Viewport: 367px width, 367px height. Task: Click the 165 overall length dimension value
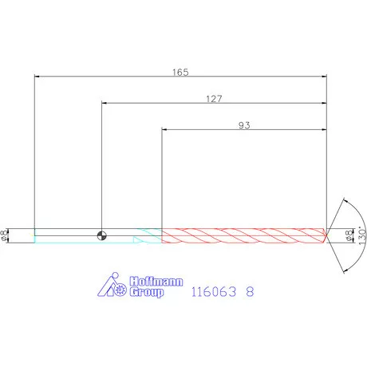pyautogui.click(x=180, y=72)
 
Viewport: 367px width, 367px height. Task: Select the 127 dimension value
pyautogui.click(x=214, y=99)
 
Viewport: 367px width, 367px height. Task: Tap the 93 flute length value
pyautogui.click(x=244, y=125)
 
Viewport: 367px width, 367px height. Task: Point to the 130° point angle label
pyautogui.click(x=362, y=235)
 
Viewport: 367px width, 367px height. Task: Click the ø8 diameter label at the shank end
pyautogui.click(x=4, y=235)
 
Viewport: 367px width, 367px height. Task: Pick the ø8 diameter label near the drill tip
pyautogui.click(x=349, y=235)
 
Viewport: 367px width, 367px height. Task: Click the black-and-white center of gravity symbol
pyautogui.click(x=102, y=235)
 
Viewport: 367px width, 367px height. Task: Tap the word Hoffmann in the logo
pyautogui.click(x=156, y=282)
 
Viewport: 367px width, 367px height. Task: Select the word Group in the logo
pyautogui.click(x=147, y=292)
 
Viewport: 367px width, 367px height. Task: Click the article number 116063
pyautogui.click(x=214, y=292)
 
